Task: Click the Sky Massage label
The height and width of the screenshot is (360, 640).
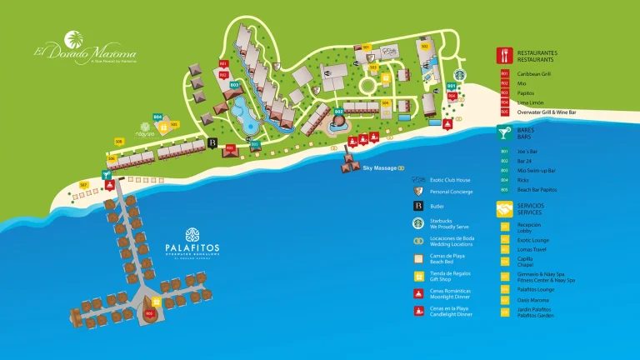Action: click(x=379, y=168)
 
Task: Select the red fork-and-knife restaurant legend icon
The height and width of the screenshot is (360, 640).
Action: click(x=505, y=56)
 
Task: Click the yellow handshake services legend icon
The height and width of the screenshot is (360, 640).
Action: click(x=505, y=208)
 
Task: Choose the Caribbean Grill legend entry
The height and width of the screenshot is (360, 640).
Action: click(x=534, y=73)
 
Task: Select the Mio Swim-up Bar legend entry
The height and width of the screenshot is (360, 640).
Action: click(x=536, y=170)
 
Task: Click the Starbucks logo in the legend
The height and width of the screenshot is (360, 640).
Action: click(x=418, y=223)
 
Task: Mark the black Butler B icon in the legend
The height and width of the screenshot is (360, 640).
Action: click(x=418, y=206)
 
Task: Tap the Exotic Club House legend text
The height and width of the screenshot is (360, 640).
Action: click(x=450, y=180)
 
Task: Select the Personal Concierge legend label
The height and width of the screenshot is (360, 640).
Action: click(x=452, y=192)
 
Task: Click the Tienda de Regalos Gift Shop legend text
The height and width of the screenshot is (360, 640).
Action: click(x=450, y=277)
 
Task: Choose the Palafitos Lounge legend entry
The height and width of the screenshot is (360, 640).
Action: click(x=536, y=289)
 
